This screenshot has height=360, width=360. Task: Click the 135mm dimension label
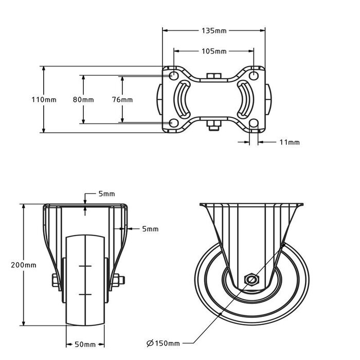coord(214,30)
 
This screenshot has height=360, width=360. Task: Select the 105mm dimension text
coord(214,51)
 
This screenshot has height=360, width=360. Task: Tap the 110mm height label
coord(44,100)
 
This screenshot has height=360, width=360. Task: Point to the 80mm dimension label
coord(83,100)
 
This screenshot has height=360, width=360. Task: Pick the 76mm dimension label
coord(122,100)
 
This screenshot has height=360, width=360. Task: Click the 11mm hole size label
coord(290,142)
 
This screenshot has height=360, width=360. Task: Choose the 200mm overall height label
coord(24,265)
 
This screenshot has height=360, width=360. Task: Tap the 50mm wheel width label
coord(85,345)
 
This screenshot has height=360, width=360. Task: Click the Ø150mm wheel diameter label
coord(163,344)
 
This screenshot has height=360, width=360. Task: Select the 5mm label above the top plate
coord(106,194)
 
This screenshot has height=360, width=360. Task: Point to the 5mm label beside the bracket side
coord(150,229)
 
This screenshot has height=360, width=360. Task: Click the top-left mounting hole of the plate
coord(174,75)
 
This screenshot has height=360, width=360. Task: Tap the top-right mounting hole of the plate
coord(254,75)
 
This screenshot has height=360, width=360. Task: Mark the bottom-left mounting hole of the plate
coord(174,123)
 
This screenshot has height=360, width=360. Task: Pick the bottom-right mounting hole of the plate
coord(254,123)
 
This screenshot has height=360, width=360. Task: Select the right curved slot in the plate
coord(248,99)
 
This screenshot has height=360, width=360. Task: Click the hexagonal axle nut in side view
coord(252,280)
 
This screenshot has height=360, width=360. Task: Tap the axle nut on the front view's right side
coord(118,280)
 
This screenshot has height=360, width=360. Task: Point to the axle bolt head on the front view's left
coord(56,280)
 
